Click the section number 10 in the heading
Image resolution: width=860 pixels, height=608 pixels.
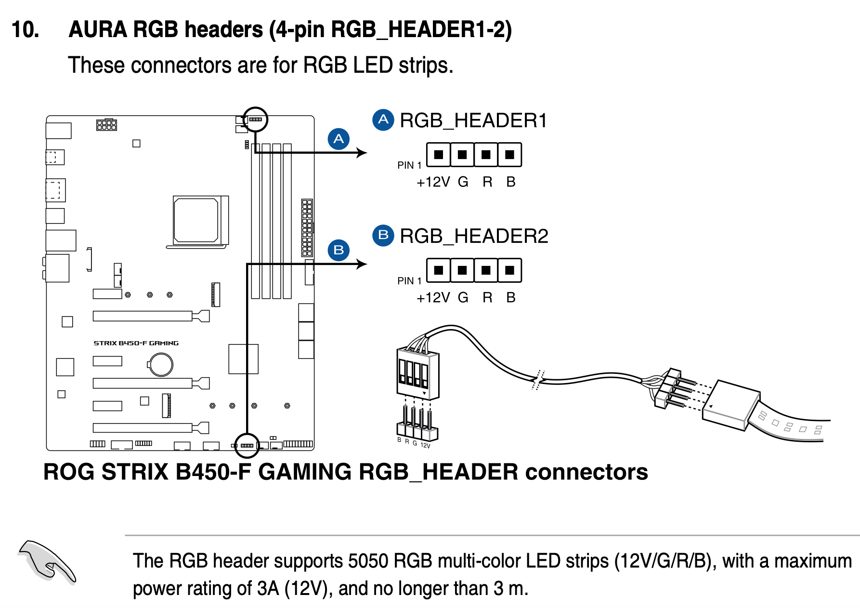(25, 30)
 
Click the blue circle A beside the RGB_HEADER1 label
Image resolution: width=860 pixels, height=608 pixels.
(383, 119)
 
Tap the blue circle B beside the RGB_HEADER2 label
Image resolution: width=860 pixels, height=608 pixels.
(383, 235)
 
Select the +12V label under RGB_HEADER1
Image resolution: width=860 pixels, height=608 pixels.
(433, 182)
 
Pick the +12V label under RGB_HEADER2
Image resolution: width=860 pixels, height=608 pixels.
(433, 298)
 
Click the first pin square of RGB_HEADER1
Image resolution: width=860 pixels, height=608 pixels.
(439, 155)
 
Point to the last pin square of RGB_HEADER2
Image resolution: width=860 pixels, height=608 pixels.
(509, 270)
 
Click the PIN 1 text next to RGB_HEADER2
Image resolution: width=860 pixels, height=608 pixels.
(409, 281)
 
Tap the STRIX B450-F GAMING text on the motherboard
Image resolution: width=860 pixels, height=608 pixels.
(136, 343)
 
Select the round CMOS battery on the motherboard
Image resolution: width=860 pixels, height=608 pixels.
(161, 364)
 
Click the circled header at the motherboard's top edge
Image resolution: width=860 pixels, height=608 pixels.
(255, 119)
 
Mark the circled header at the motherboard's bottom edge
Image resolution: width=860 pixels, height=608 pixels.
(247, 445)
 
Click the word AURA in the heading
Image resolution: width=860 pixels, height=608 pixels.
(98, 30)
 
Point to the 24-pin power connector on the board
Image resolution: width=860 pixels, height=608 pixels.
(307, 227)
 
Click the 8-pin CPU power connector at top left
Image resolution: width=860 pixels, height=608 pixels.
(106, 125)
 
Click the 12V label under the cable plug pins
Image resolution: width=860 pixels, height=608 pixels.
(425, 445)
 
